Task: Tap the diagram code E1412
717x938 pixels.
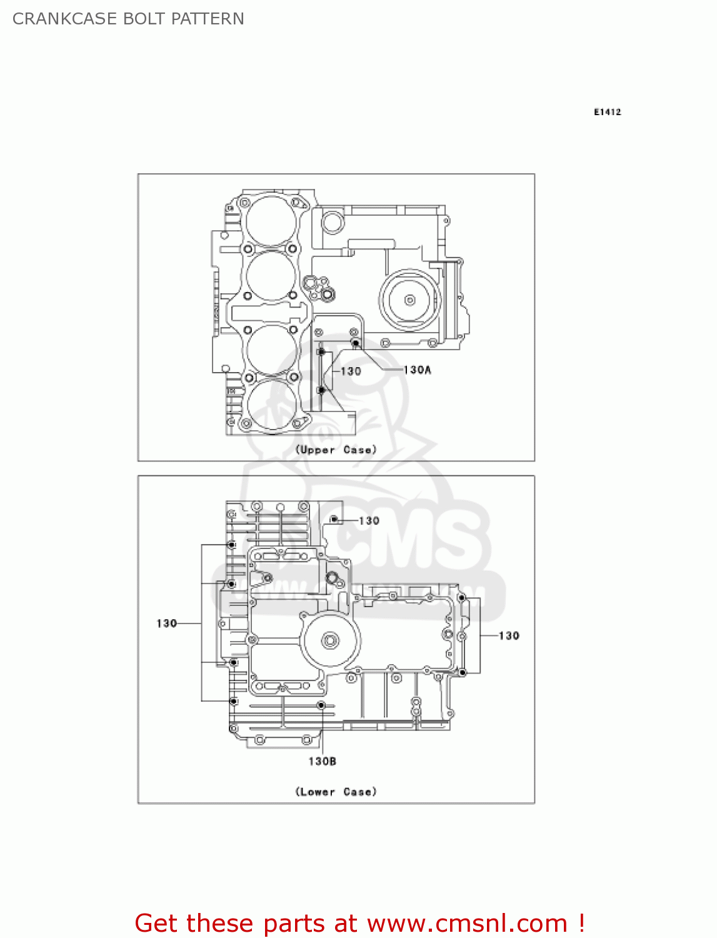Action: coord(607,112)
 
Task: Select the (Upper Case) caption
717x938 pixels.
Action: coord(336,450)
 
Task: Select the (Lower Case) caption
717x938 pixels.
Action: coord(336,792)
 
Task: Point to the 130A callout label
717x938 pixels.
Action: coord(417,370)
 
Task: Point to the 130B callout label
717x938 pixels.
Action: coord(322,761)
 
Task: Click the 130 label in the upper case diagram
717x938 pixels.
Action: coord(351,371)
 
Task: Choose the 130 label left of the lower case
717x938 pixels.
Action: coord(166,623)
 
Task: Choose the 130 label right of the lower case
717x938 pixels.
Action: coord(509,636)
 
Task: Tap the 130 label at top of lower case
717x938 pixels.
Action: coord(369,521)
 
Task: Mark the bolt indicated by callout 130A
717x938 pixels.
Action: coord(355,343)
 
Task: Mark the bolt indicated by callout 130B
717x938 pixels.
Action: coord(321,705)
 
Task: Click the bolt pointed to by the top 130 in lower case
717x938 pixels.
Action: coord(334,520)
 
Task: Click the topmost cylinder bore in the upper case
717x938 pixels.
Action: coord(271,221)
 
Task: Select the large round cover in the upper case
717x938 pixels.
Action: coord(409,300)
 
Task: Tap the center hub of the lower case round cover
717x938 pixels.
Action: coord(330,640)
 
